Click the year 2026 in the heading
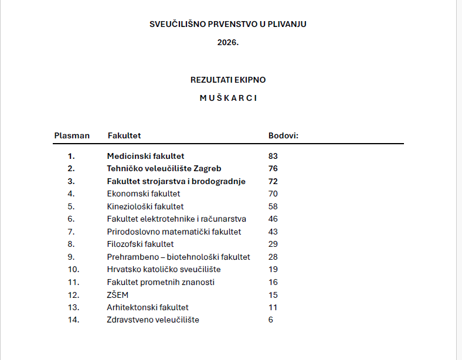(x=228, y=43)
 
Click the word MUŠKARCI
(x=228, y=98)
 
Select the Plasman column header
(x=72, y=135)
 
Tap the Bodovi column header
(x=283, y=135)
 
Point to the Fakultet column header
(x=124, y=135)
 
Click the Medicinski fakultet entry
(x=145, y=156)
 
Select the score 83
(x=273, y=156)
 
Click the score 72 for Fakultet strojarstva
(x=273, y=182)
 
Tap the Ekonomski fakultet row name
(x=143, y=193)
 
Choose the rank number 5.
(x=71, y=206)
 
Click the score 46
(x=273, y=219)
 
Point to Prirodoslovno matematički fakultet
(x=174, y=232)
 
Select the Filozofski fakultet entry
(x=140, y=244)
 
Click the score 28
(x=273, y=257)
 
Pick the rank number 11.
(x=73, y=282)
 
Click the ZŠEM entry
(x=117, y=295)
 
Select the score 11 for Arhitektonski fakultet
(x=273, y=307)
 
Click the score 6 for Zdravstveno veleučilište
(x=271, y=320)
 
